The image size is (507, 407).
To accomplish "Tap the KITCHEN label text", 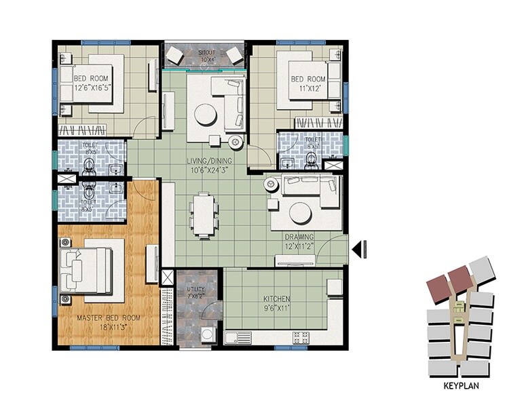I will pyautogui.click(x=277, y=299).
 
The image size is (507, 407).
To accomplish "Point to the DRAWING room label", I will pyautogui.click(x=299, y=237).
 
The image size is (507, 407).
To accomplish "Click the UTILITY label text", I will pyautogui.click(x=195, y=289).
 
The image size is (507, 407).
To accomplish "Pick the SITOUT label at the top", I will pyautogui.click(x=206, y=52).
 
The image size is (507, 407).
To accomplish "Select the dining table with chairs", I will pyautogui.click(x=202, y=214).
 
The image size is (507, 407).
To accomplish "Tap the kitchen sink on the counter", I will pyautogui.click(x=239, y=336).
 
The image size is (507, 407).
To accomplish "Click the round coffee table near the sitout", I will pyautogui.click(x=205, y=114).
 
